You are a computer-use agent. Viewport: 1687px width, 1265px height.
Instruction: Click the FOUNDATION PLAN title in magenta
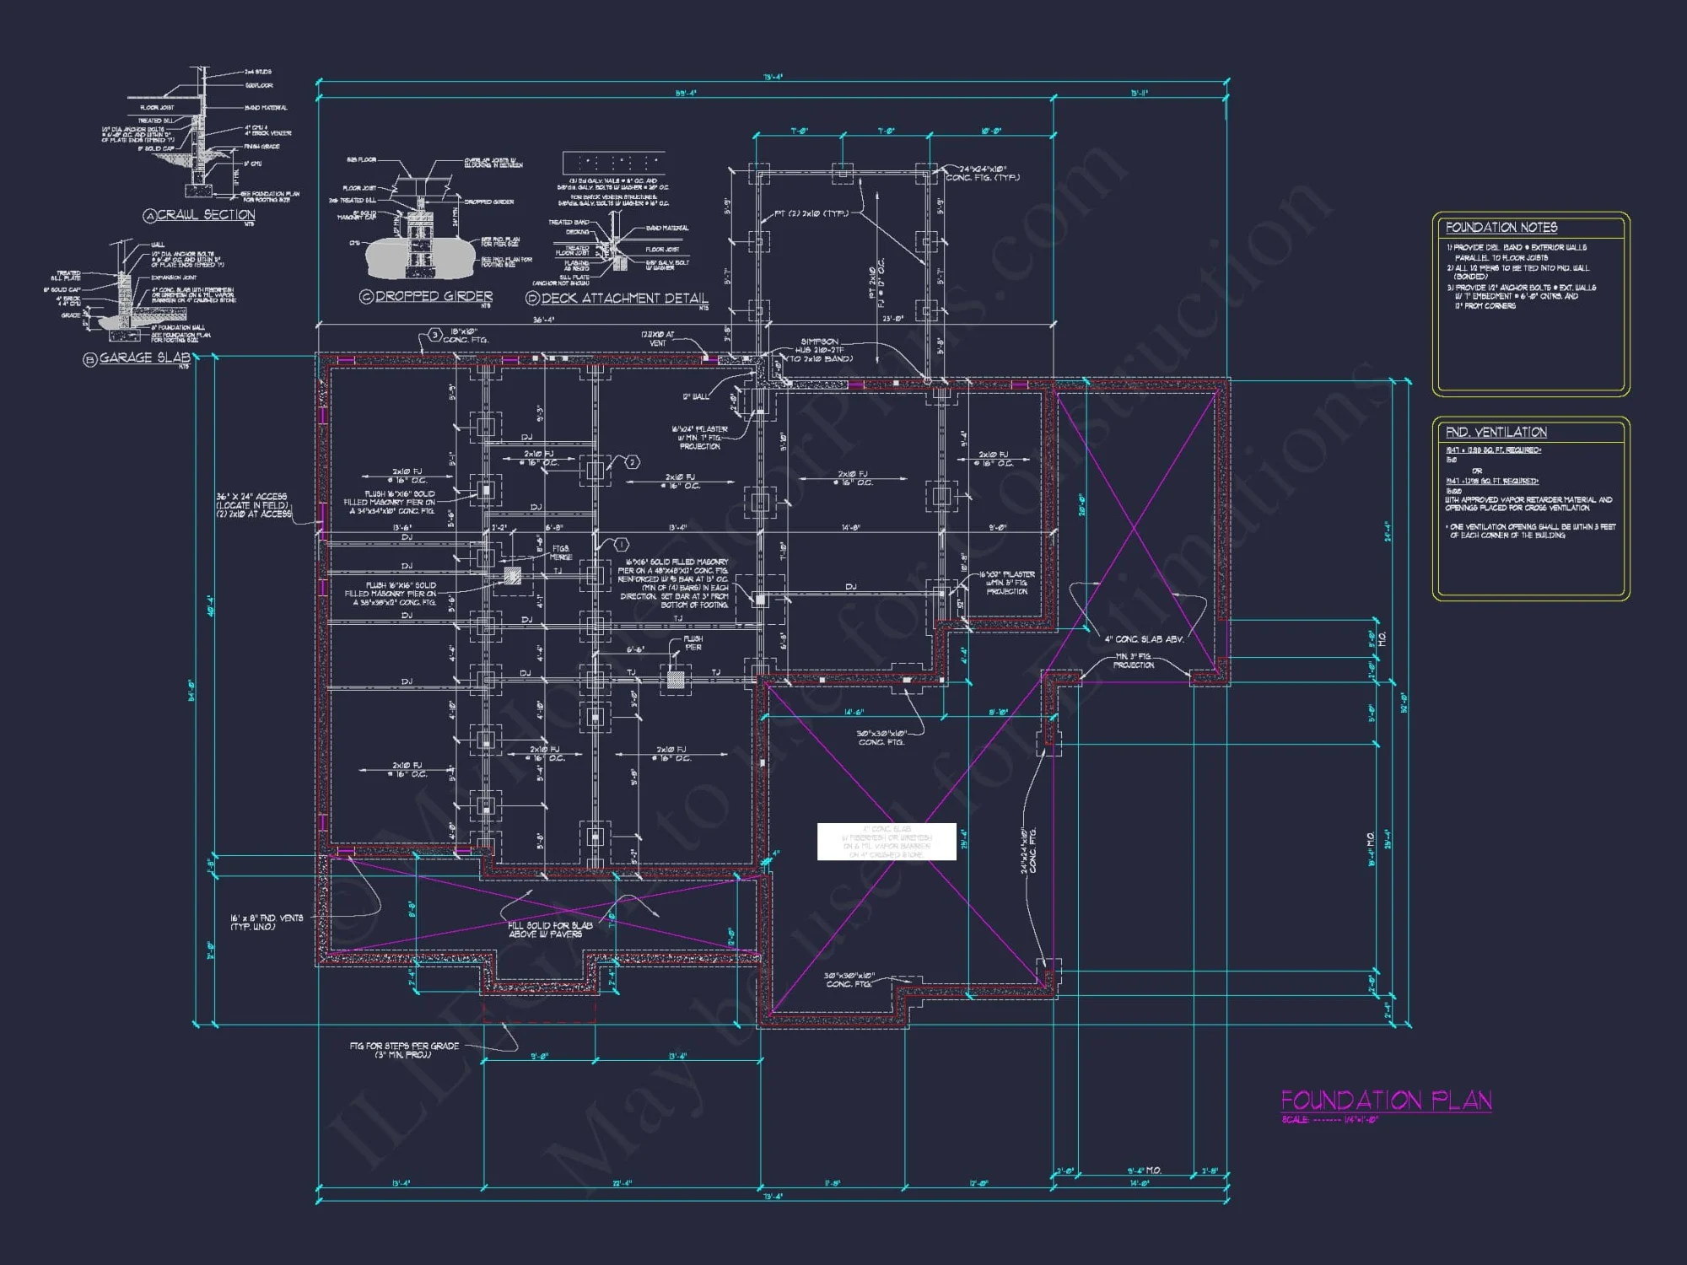pos(1386,1100)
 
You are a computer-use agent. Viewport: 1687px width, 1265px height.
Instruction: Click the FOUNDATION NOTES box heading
pos(1501,228)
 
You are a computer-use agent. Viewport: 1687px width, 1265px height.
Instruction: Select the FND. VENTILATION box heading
pos(1496,432)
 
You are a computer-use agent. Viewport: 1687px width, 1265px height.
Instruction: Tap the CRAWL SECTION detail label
pos(205,215)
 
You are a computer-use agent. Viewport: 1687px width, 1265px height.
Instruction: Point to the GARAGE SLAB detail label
pos(144,358)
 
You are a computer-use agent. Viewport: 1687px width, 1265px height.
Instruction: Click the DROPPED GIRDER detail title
pos(433,296)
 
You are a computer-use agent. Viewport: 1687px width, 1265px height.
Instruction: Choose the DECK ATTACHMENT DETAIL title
pos(624,298)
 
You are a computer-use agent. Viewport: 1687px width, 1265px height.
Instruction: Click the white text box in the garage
pos(886,842)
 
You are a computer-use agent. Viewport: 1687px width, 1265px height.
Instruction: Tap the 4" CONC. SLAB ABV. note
pos(1144,639)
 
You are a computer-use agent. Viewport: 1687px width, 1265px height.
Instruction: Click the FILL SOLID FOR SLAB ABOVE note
pos(550,929)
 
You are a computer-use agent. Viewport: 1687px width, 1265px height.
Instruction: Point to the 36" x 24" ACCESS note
pos(252,505)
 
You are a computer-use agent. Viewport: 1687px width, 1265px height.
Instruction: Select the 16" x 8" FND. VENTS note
pos(267,922)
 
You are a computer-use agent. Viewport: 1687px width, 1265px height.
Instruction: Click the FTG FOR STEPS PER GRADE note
pos(404,1050)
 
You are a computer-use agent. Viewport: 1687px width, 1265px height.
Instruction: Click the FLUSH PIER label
pos(693,643)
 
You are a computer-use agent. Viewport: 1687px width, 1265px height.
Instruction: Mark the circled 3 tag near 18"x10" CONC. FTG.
pos(434,335)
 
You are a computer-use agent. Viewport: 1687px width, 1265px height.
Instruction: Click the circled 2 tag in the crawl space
pos(632,461)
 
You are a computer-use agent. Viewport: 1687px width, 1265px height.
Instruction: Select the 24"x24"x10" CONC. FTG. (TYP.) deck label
pos(982,173)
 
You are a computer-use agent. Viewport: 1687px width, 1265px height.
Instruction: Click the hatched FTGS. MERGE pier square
pos(512,576)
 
